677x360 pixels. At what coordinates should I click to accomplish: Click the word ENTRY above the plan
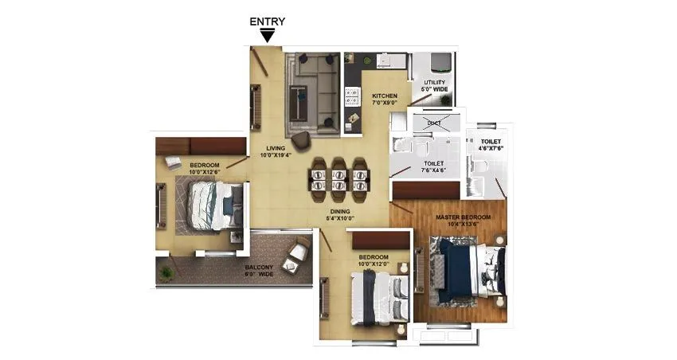pos(268,22)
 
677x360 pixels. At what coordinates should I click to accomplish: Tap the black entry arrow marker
pos(268,36)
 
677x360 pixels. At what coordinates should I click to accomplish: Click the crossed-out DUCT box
pos(434,123)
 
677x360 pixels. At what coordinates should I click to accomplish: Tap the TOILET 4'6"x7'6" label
pos(490,144)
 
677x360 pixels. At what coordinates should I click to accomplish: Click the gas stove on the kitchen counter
pos(351,97)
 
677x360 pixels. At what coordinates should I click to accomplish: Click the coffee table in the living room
pos(300,102)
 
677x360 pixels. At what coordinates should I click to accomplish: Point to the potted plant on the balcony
pos(166,272)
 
